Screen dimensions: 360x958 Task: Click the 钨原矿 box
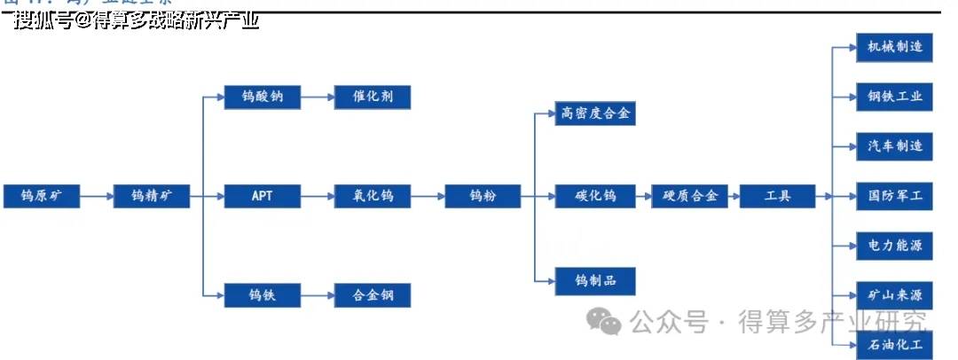42,196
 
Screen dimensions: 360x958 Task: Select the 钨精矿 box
152,196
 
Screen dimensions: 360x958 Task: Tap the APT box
263,196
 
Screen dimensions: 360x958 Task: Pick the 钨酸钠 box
263,97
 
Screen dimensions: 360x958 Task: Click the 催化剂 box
373,97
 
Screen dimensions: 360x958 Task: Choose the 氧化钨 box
373,196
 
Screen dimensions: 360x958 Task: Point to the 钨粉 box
482,196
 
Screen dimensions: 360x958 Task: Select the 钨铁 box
263,295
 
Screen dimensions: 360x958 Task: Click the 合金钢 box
373,295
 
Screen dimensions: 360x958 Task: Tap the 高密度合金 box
595,113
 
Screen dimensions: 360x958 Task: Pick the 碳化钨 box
595,196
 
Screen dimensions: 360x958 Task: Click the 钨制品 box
595,281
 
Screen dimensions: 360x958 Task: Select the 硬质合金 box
690,196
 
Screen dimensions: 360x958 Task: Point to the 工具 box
777,196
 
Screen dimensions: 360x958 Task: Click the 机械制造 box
894,46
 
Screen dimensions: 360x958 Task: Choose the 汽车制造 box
894,145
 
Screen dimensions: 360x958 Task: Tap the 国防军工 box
894,196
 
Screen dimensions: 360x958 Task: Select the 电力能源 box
894,245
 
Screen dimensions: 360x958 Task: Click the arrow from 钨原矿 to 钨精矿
97,196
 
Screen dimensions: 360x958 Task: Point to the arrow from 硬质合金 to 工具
734,196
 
